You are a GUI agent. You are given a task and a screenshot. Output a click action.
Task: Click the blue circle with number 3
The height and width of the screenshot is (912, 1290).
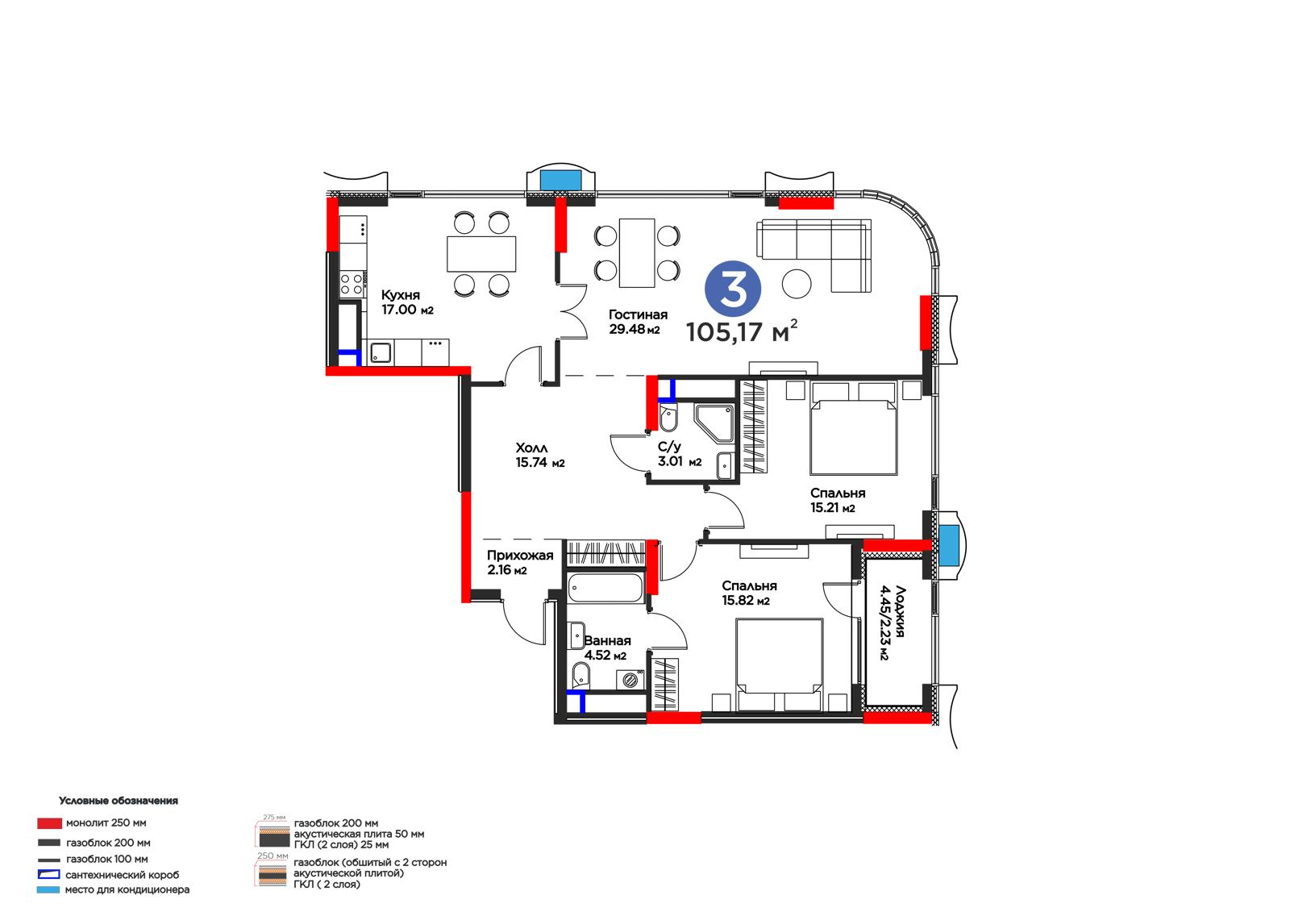tap(733, 288)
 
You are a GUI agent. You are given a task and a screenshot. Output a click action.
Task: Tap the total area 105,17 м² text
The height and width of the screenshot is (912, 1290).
tap(742, 331)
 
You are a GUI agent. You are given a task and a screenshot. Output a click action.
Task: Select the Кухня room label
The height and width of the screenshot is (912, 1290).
tap(400, 295)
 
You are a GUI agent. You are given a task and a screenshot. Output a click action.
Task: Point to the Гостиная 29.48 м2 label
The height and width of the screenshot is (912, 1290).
tap(638, 322)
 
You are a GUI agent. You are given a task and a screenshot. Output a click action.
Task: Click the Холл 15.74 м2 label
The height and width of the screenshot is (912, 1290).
tap(539, 455)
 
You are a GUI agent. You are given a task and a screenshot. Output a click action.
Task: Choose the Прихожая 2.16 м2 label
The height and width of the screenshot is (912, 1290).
tap(519, 562)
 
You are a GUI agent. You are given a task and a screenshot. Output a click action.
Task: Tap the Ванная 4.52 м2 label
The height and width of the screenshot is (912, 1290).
tap(607, 648)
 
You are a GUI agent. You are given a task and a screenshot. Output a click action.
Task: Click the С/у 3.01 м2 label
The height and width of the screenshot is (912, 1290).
tap(680, 454)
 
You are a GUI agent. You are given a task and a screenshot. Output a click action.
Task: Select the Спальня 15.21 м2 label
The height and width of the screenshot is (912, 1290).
tap(838, 500)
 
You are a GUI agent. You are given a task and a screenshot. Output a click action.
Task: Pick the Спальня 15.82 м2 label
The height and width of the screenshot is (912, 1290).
tap(749, 593)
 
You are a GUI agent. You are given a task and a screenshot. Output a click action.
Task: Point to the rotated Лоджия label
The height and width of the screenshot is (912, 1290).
tap(892, 623)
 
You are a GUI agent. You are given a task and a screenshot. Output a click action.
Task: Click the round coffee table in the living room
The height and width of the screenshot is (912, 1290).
tap(797, 284)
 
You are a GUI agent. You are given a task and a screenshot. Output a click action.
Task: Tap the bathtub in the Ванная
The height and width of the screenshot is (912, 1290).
tap(605, 588)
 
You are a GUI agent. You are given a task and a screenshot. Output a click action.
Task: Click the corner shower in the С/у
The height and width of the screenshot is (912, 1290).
tap(714, 423)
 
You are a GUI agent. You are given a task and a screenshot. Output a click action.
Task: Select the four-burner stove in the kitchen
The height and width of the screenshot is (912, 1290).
tap(352, 284)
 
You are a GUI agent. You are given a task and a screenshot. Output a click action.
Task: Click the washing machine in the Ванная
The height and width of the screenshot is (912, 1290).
tap(630, 681)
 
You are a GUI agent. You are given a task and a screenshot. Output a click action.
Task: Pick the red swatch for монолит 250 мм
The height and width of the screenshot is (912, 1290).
tap(49, 823)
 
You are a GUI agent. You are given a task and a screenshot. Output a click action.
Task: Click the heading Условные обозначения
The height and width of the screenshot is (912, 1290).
tap(118, 801)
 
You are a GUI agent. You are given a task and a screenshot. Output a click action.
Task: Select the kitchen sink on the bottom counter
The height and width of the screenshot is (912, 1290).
tap(380, 352)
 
